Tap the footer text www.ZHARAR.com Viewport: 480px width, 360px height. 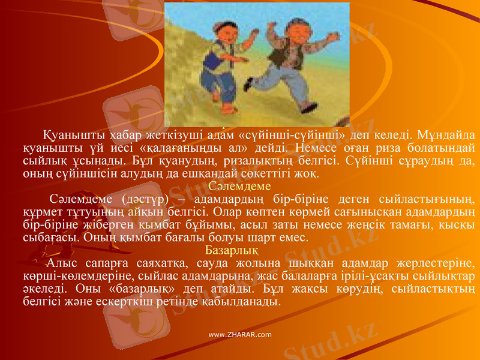click(x=239, y=334)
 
